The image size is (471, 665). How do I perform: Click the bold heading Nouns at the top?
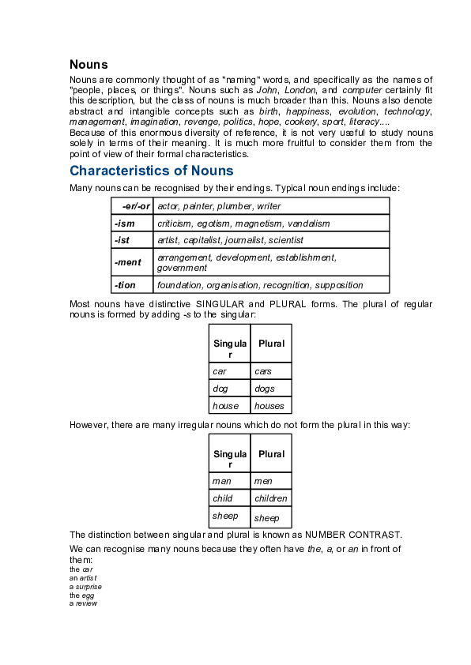click(x=89, y=64)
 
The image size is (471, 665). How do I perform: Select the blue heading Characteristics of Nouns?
click(x=151, y=171)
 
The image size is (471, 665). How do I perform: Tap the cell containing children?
click(x=271, y=498)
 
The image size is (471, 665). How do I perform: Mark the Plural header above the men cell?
click(x=271, y=454)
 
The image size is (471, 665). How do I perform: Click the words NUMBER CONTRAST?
click(x=354, y=534)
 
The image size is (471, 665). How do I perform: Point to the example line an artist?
click(x=83, y=578)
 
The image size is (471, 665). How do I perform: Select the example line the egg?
click(x=81, y=595)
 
